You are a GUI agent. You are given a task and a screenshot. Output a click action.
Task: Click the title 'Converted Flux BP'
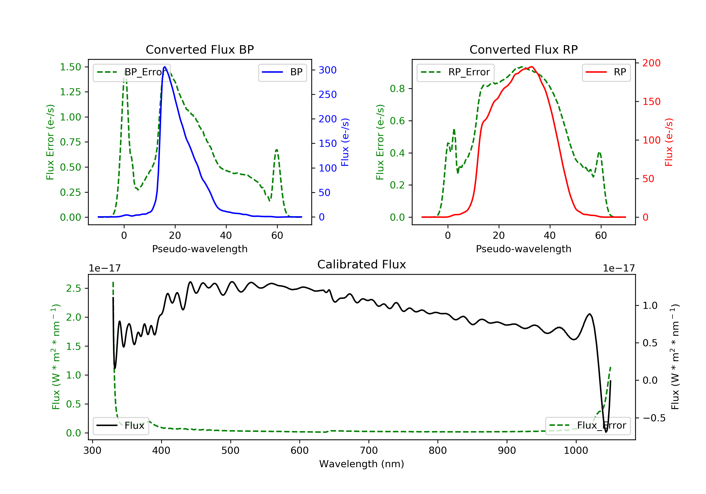200,49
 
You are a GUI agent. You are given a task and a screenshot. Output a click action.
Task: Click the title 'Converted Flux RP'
523,49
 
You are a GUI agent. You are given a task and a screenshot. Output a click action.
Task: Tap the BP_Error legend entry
132,72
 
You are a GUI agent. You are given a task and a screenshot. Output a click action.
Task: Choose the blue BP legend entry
282,72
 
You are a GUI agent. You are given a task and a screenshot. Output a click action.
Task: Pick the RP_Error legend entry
455,72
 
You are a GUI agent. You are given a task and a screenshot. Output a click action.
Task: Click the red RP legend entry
606,72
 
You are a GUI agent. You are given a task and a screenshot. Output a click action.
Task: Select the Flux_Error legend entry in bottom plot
588,426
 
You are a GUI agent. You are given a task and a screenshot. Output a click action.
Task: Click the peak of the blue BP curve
165,67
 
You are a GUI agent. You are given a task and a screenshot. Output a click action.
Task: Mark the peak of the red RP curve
531,67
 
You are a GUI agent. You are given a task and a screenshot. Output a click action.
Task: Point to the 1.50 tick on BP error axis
70,67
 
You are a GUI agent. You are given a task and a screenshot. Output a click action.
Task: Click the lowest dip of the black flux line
606,432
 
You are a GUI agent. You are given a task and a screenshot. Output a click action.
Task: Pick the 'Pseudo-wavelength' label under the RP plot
523,249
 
